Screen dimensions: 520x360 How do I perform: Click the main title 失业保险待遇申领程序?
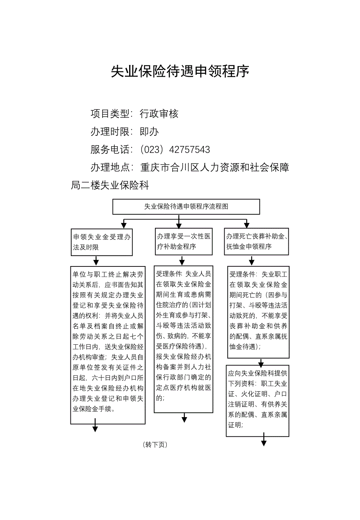pyautogui.click(x=180, y=71)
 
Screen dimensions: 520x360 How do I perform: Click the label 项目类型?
pyautogui.click(x=110, y=114)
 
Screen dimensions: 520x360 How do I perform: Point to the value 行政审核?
pyautogui.click(x=159, y=114)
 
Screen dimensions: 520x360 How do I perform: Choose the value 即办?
pyautogui.click(x=149, y=132)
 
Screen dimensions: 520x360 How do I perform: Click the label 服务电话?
pyautogui.click(x=110, y=149)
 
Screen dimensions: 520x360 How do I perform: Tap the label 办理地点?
pyautogui.click(x=110, y=167)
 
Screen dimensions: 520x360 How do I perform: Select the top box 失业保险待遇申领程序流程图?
pyautogui.click(x=186, y=207)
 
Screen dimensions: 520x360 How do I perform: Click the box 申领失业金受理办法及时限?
pyautogui.click(x=102, y=242)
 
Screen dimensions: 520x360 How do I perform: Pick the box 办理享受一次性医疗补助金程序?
pyautogui.click(x=184, y=241)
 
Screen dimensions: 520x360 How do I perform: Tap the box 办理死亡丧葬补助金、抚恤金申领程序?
pyautogui.click(x=256, y=241)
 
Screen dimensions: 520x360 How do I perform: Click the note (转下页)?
pyautogui.click(x=155, y=444)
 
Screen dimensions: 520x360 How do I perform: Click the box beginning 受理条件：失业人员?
pyautogui.click(x=184, y=340)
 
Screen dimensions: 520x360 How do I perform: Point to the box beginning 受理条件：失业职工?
pyautogui.click(x=258, y=312)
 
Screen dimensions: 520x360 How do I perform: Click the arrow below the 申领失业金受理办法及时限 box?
pyautogui.click(x=96, y=261)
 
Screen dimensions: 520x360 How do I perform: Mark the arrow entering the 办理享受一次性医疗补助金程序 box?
pyautogui.click(x=179, y=223)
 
